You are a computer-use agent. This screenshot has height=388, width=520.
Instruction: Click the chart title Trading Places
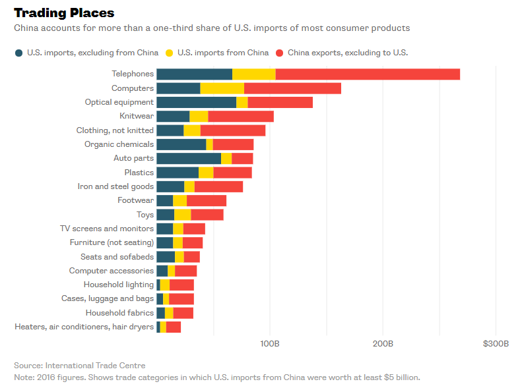[64, 13]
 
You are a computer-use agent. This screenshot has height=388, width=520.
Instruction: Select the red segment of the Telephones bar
[368, 74]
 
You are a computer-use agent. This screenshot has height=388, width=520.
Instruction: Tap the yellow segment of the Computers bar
[222, 88]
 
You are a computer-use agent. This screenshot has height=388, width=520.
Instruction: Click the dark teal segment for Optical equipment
[196, 102]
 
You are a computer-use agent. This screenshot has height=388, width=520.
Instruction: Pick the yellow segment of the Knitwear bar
[199, 117]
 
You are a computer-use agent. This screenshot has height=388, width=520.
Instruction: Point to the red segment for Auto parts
[242, 158]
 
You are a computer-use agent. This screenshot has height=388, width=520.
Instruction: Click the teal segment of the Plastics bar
[178, 173]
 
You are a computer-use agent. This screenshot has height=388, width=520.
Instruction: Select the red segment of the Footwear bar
[207, 200]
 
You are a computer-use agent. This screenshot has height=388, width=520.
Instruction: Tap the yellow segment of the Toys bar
[183, 215]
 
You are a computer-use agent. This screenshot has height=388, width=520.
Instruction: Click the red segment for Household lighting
[181, 285]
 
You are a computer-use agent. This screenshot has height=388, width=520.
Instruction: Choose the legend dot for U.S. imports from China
[170, 53]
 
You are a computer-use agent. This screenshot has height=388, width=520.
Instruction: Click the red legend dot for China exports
[280, 53]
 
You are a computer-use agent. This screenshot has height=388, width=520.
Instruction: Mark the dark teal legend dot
[19, 53]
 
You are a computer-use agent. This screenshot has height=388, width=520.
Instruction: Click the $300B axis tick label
[496, 344]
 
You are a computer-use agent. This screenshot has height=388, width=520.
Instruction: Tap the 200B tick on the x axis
[383, 344]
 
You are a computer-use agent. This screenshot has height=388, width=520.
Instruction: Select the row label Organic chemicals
[119, 144]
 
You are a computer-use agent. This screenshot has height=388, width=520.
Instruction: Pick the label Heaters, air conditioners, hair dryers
[84, 327]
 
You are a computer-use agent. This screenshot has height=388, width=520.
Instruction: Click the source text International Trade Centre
[95, 366]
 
